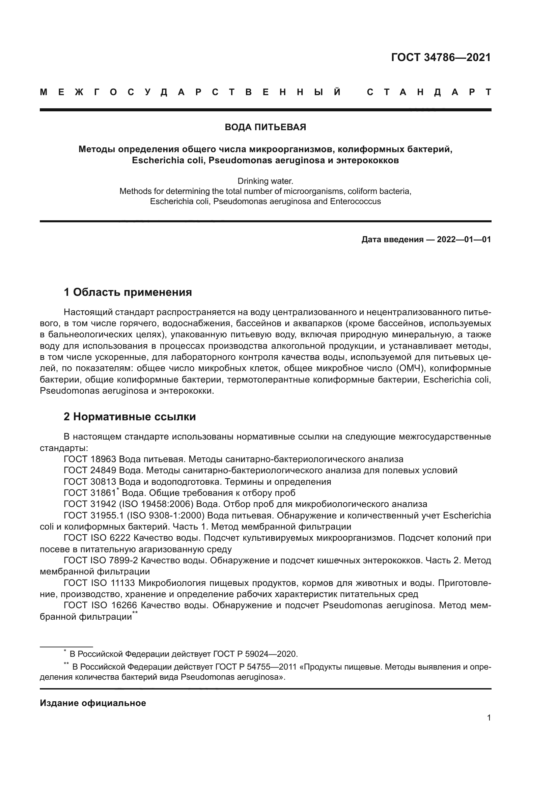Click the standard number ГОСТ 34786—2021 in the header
(441, 57)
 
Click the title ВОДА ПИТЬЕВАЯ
(265, 128)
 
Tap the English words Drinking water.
(265, 181)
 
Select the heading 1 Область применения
(128, 292)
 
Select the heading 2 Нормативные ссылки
(130, 417)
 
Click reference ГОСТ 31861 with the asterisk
(91, 493)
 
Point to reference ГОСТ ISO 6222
(97, 538)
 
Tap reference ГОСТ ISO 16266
(100, 605)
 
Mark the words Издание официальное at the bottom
(93, 703)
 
